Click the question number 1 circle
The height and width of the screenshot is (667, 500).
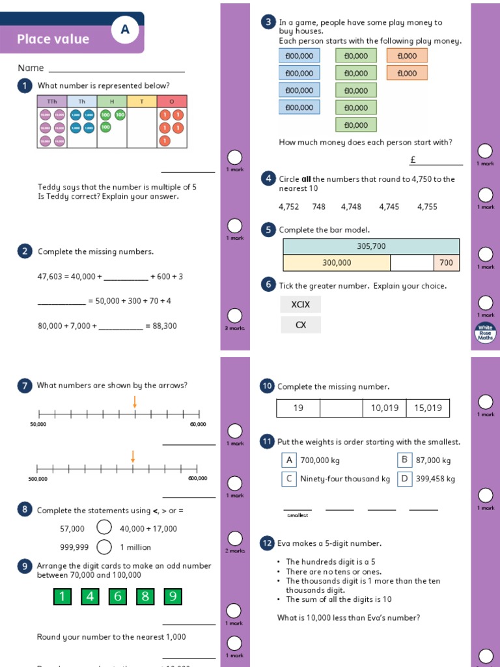click(x=25, y=86)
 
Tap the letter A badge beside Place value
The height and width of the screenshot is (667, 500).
click(x=125, y=29)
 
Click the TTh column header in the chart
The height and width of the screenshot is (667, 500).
click(x=52, y=101)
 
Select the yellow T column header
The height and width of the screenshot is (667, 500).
click(x=142, y=101)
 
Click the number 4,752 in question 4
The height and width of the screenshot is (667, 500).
click(x=288, y=206)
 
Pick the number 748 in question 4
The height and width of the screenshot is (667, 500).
click(x=319, y=206)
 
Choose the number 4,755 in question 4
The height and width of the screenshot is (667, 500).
click(x=427, y=206)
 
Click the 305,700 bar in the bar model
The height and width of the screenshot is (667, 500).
click(x=371, y=246)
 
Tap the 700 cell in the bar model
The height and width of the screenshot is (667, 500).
click(x=446, y=263)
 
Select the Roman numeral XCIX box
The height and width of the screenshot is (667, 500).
click(x=301, y=304)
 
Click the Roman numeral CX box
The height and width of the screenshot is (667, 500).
click(x=301, y=324)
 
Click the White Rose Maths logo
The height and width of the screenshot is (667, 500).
click(x=486, y=332)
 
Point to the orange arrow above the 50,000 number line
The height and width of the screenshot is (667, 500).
click(x=135, y=402)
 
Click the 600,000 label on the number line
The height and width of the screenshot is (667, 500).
click(x=197, y=478)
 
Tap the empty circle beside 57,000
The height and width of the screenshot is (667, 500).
click(x=104, y=528)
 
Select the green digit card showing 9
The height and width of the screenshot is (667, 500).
click(x=173, y=596)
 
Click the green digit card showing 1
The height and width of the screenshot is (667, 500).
click(x=62, y=596)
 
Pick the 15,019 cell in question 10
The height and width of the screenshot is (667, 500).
click(x=428, y=408)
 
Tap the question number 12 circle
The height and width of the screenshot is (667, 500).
click(x=267, y=543)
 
